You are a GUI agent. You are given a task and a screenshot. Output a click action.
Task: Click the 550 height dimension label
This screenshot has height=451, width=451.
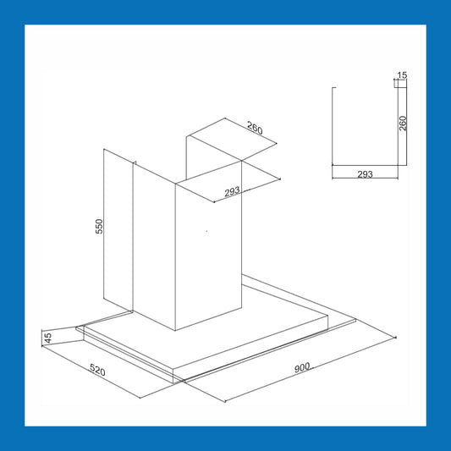coord(99,227)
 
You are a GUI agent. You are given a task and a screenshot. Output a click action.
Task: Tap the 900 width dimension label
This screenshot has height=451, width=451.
coord(302,367)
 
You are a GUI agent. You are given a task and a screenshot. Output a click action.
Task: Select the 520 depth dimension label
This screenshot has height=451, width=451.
coord(97,370)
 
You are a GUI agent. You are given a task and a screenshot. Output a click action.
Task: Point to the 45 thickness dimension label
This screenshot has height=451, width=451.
coord(48,338)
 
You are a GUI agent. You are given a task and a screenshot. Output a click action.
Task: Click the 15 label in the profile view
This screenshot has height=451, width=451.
coord(402,75)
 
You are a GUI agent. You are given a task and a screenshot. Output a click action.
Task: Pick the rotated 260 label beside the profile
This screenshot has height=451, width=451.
coord(403,124)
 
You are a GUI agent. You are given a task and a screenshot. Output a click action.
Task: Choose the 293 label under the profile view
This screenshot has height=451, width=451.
coord(365,174)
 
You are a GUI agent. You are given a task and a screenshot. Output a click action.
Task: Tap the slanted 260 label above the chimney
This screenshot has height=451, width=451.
coord(255,129)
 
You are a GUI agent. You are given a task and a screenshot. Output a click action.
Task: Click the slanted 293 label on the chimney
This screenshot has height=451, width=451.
coord(232,191)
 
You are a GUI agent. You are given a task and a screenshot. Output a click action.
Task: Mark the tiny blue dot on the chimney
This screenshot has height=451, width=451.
coord(206,231)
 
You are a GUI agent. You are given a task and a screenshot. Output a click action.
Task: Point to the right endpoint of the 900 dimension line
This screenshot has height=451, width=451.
coord(396,338)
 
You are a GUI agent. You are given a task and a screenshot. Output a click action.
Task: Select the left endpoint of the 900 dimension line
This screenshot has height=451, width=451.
coord(225,401)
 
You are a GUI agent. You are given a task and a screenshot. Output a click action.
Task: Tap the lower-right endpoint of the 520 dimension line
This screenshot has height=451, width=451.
coord(140,398)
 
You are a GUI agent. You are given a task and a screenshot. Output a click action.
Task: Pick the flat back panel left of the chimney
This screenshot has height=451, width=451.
coord(118,231)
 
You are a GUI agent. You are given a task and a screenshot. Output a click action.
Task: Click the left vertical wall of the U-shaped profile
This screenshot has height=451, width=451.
coord(333,126)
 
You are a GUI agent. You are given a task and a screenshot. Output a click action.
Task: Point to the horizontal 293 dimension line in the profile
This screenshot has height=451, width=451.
coord(365,179)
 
